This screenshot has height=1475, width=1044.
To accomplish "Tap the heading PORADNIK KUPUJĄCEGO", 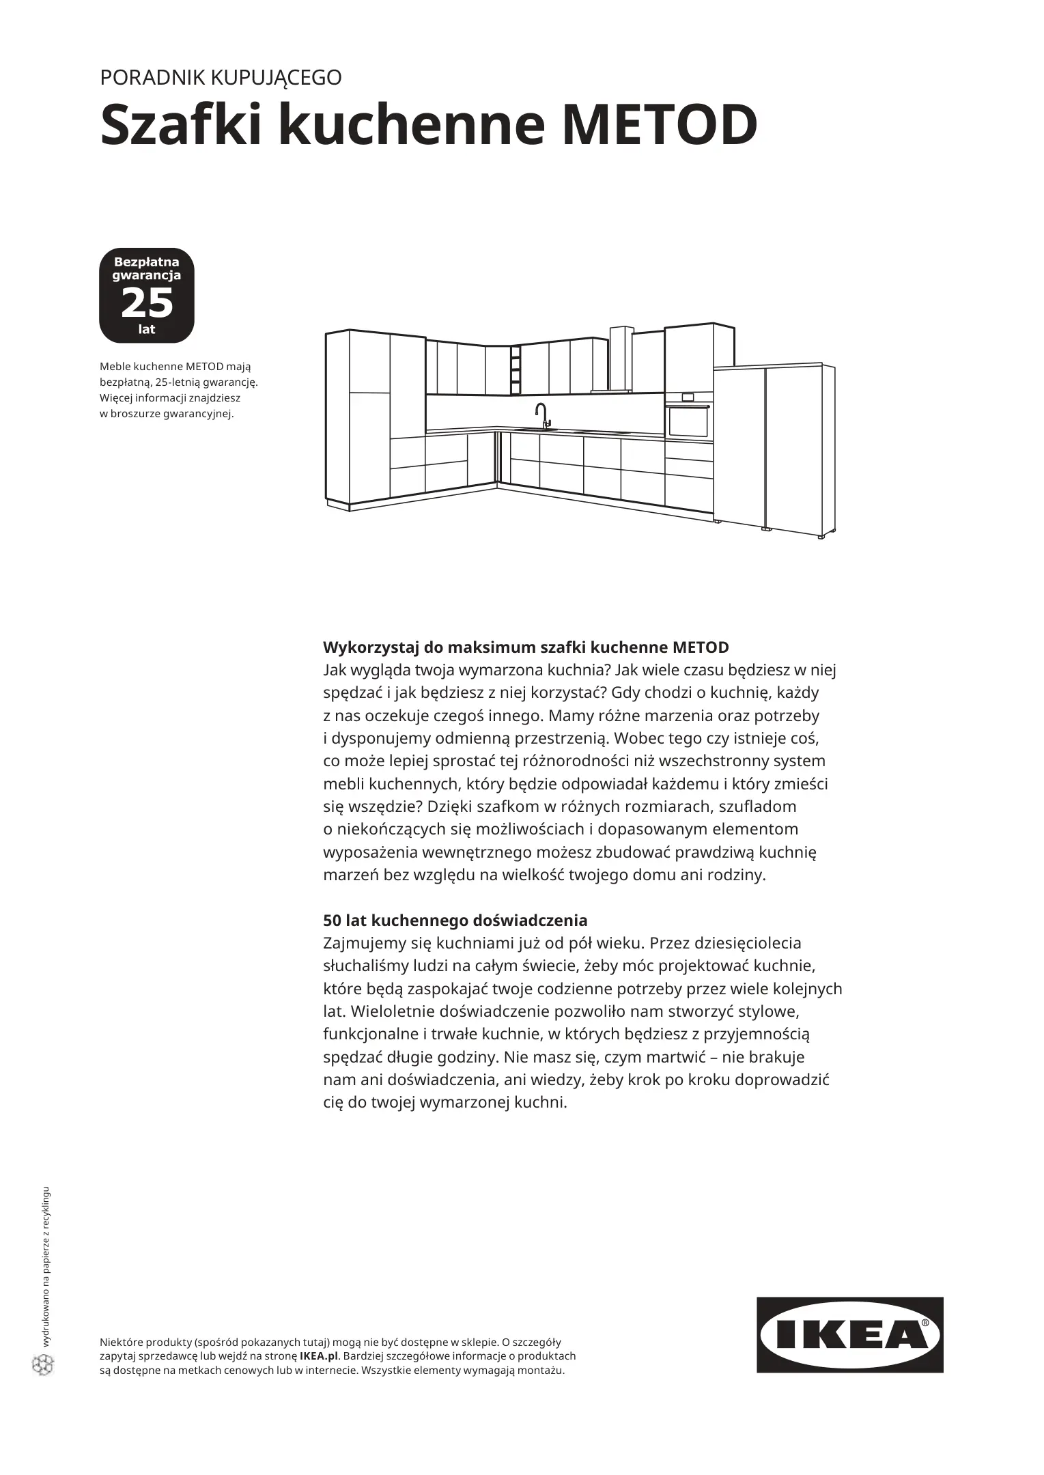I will (221, 78).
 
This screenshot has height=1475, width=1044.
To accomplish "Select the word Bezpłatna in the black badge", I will (146, 262).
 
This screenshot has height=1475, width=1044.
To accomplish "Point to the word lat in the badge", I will (147, 329).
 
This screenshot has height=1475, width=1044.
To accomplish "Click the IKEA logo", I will (849, 1335).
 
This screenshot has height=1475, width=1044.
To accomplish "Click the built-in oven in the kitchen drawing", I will (688, 421).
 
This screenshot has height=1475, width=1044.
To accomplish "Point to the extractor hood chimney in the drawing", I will (621, 359).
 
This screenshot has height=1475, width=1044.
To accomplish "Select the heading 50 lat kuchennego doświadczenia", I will (455, 920).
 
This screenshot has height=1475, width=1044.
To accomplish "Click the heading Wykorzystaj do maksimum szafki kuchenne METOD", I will (526, 647).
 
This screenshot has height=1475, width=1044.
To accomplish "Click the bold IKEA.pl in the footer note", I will (319, 1356).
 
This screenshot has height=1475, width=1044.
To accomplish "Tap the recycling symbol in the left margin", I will (43, 1364).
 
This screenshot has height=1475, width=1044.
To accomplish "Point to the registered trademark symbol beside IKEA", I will (925, 1323).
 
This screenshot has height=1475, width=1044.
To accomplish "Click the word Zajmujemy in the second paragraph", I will (365, 943).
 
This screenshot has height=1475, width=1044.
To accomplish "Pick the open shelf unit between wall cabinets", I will (516, 370).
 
